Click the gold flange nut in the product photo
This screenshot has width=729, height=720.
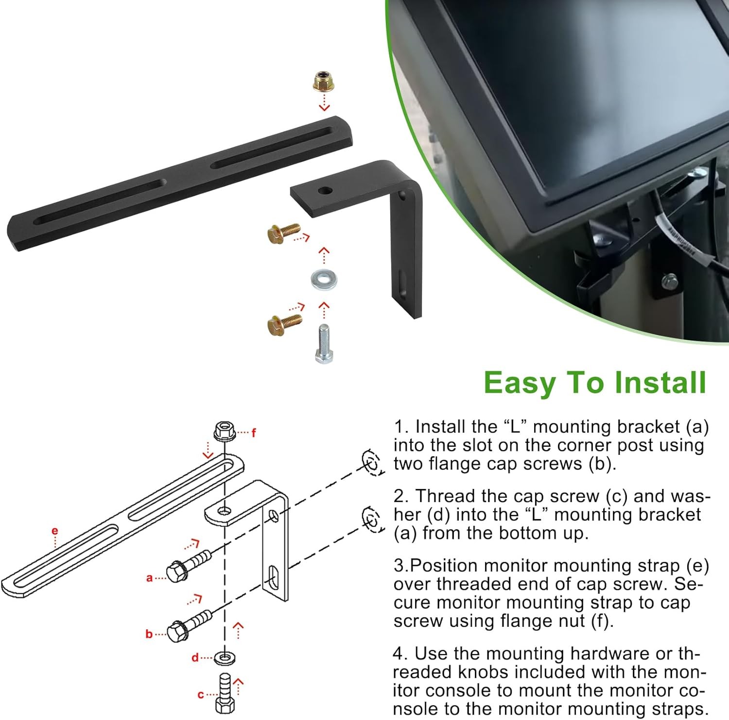pos(324,81)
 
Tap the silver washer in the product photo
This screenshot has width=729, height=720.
pos(324,279)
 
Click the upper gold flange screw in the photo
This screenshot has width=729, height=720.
pos(284,233)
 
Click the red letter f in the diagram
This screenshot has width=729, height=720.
pos(253,433)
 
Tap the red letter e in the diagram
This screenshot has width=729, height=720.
pos(54,531)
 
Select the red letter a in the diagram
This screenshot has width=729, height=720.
pos(150,578)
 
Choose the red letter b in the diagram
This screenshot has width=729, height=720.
pos(149,634)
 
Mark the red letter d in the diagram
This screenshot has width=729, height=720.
pos(195,658)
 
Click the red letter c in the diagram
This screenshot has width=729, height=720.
pos(201,695)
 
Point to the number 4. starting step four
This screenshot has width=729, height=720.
pos(400,654)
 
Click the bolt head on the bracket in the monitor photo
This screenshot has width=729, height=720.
pos(670,280)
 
